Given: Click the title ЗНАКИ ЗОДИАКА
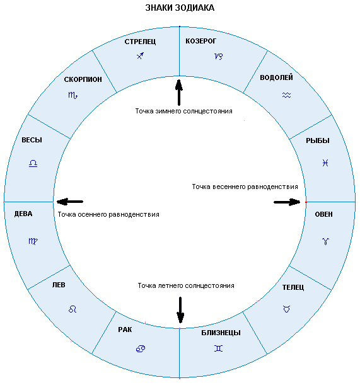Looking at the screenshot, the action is (x=180, y=8).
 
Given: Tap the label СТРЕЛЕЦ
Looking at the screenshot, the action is (x=140, y=42).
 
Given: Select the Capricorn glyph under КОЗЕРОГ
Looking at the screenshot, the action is (x=219, y=57).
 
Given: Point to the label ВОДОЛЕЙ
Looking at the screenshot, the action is (x=276, y=77).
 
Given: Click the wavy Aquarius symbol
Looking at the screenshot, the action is (x=287, y=95).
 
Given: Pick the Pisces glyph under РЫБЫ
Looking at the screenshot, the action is (x=325, y=163).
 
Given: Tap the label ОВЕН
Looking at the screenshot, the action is (x=323, y=214).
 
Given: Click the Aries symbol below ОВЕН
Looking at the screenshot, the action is (x=325, y=241).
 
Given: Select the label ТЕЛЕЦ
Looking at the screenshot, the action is (x=293, y=287).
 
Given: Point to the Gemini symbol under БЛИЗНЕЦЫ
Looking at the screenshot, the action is (x=218, y=348).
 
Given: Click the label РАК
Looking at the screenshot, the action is (x=125, y=330).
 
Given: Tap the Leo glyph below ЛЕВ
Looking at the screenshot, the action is (x=73, y=309).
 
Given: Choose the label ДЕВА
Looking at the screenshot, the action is (x=23, y=214).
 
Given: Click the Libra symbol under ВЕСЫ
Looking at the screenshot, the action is (x=33, y=163).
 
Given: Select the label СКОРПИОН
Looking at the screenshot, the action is (x=83, y=79).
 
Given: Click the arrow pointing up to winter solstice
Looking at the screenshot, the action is (x=179, y=93).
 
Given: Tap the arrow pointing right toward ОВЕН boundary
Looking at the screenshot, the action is (x=287, y=202).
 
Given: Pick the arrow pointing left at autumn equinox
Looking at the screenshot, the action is (x=70, y=202).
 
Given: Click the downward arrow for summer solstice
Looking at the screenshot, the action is (x=180, y=310).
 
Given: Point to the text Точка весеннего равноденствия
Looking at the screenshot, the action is (x=245, y=186).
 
